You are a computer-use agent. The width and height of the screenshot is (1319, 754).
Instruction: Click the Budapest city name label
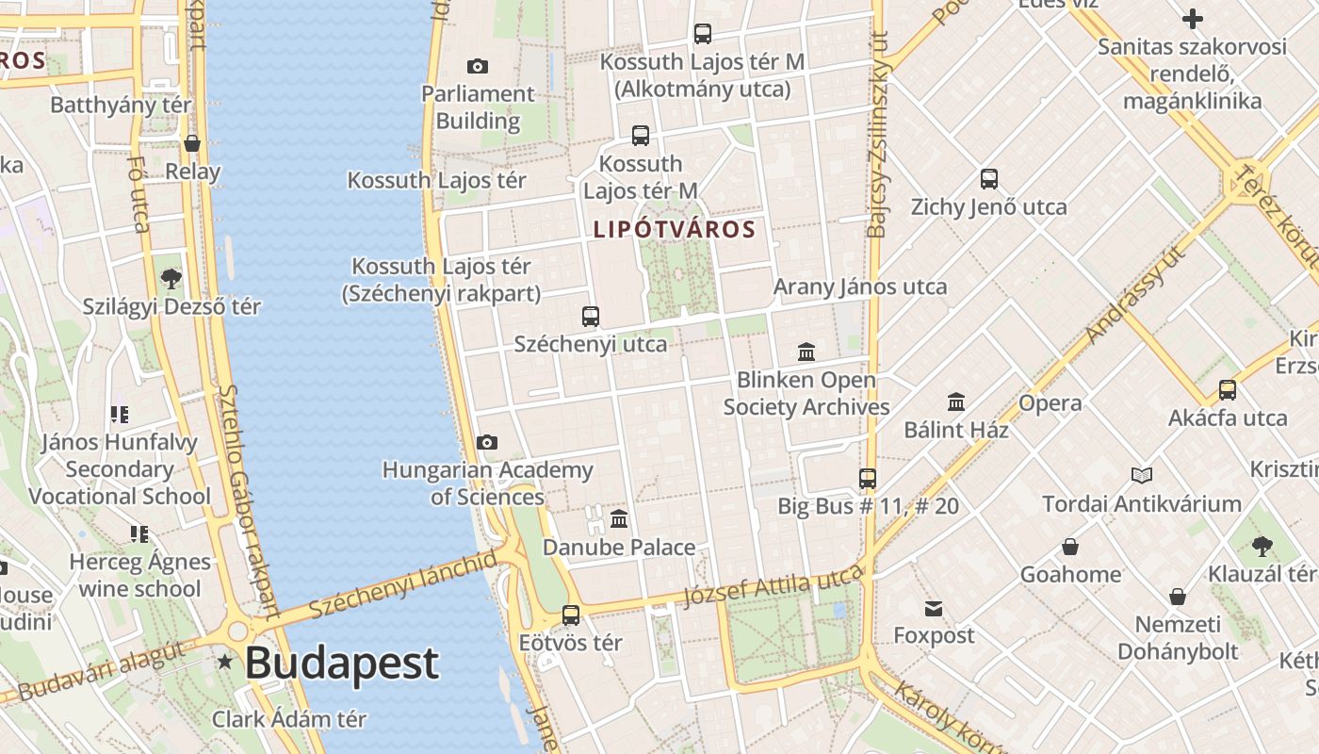point(342,663)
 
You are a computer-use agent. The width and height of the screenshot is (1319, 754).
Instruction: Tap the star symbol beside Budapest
point(224,662)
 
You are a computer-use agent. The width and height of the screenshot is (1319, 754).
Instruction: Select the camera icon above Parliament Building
point(478,66)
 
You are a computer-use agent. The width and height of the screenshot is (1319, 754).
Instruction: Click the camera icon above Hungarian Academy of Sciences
point(487,442)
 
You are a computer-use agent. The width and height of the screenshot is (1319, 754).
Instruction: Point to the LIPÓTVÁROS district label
point(675,229)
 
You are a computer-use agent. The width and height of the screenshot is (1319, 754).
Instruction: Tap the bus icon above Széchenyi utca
point(591,317)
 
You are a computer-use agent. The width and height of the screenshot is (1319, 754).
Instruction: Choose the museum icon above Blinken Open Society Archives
point(806,352)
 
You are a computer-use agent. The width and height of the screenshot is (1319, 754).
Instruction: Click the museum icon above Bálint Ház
point(956,402)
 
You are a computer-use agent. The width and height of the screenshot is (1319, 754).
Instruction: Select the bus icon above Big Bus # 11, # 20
point(868,478)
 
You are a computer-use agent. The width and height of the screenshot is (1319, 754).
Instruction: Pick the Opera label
point(1050,403)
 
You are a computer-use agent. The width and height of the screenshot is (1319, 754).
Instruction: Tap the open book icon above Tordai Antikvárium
point(1142,476)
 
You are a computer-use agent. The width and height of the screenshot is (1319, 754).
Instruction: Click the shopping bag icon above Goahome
point(1070,547)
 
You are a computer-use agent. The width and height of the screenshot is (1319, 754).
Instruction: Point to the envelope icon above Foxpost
point(934,608)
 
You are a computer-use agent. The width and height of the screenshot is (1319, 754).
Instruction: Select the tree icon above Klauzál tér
point(1262,546)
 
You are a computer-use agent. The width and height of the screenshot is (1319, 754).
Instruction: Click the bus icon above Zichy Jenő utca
point(988,179)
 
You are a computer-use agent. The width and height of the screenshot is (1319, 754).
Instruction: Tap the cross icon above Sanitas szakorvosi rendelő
point(1193,19)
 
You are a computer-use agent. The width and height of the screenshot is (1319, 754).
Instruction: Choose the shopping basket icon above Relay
point(192,143)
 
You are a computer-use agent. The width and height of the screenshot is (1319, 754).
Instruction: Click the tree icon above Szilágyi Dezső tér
point(171,278)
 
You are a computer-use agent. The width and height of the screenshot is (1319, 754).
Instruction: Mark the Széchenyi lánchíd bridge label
point(402,585)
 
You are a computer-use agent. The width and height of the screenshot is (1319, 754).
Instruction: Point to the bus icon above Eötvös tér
point(571,615)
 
